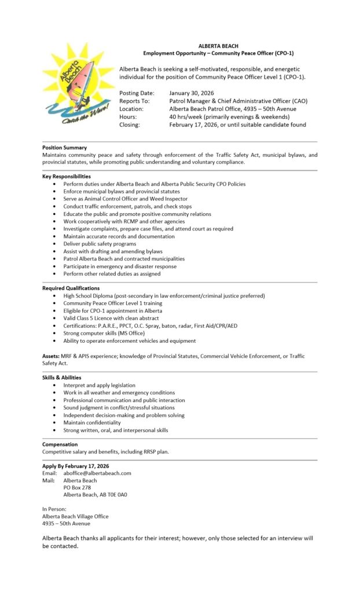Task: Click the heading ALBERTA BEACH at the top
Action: pyautogui.click(x=218, y=45)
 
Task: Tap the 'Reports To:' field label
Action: pyautogui.click(x=134, y=101)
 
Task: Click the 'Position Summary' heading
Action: pyautogui.click(x=64, y=148)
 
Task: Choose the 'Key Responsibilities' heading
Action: pyautogui.click(x=67, y=176)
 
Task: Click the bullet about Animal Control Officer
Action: pyautogui.click(x=126, y=199)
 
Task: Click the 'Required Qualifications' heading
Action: pyautogui.click(x=71, y=288)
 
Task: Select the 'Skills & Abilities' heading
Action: pyautogui.click(x=62, y=378)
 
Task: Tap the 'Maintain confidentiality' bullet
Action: pyautogui.click(x=92, y=423)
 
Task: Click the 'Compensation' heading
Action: pyautogui.click(x=60, y=444)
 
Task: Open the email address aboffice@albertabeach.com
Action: pyautogui.click(x=97, y=473)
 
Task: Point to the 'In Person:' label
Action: pyautogui.click(x=54, y=509)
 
